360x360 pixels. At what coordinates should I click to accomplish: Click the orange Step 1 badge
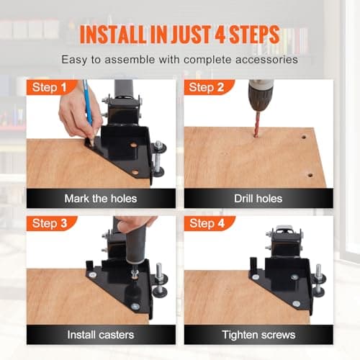(x=51, y=87)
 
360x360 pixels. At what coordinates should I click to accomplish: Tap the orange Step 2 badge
(x=208, y=87)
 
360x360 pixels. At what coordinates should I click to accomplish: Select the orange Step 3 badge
(x=51, y=223)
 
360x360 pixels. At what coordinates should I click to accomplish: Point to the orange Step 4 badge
(x=209, y=223)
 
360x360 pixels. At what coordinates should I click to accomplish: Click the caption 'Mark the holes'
(x=101, y=199)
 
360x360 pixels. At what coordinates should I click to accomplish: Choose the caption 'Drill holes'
(x=258, y=199)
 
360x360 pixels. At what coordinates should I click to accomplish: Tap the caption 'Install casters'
(x=101, y=335)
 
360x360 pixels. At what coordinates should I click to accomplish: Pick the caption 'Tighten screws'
(x=258, y=335)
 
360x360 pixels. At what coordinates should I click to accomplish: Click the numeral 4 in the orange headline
(x=220, y=34)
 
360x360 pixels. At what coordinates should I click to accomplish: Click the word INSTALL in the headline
(x=112, y=34)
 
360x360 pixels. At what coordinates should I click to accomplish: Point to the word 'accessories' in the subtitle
(x=266, y=60)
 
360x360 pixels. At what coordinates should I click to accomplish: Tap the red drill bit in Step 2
(x=257, y=124)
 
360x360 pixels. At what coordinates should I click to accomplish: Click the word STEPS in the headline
(x=254, y=34)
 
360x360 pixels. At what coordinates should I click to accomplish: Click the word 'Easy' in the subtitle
(x=74, y=60)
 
